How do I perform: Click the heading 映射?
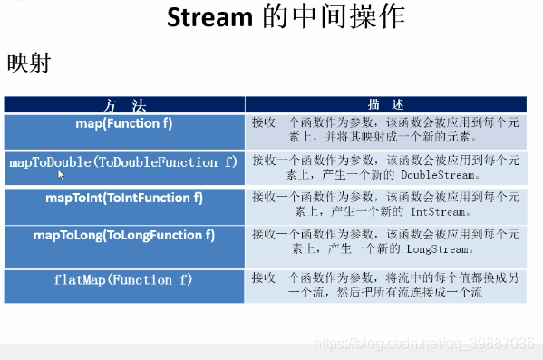pos(28,63)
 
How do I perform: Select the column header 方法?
pos(124,104)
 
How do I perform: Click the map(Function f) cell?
pos(124,123)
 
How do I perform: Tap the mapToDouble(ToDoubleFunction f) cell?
pos(124,162)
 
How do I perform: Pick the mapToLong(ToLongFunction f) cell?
pos(124,235)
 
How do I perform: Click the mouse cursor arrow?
pos(63,176)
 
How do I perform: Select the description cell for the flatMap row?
pos(383,286)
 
